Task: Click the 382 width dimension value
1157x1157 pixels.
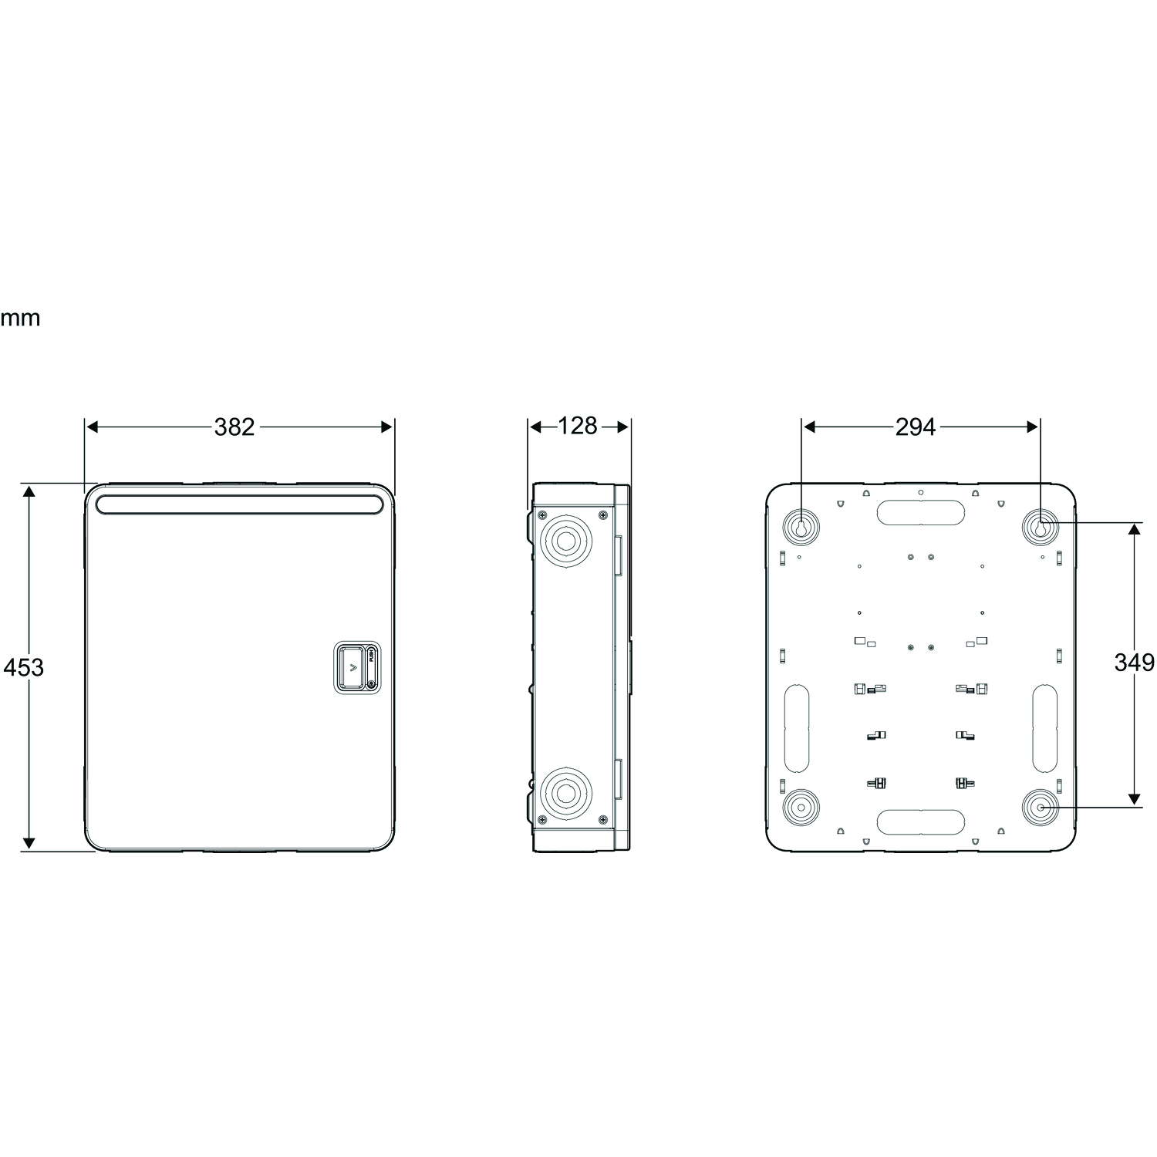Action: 234,427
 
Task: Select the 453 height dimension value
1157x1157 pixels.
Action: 24,667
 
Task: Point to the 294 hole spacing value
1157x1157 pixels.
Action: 916,427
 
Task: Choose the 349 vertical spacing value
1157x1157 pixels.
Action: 1134,663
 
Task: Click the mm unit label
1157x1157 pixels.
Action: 20,319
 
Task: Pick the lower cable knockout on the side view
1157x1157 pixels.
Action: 568,793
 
